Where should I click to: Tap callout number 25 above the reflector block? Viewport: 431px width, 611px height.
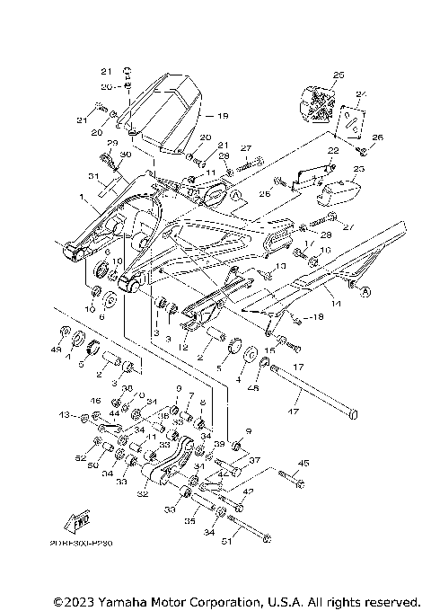tap(338, 75)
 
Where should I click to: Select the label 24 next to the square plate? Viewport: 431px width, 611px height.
tap(362, 95)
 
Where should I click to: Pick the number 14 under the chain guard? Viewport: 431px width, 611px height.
tap(337, 306)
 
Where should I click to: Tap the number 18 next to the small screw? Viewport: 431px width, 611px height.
tap(318, 319)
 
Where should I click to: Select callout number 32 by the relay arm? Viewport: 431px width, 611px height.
tap(143, 493)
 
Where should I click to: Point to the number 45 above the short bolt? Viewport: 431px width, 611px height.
tap(303, 464)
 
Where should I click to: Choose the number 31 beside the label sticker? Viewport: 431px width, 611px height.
tap(92, 175)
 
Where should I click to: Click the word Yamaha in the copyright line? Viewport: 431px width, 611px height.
tap(115, 599)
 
